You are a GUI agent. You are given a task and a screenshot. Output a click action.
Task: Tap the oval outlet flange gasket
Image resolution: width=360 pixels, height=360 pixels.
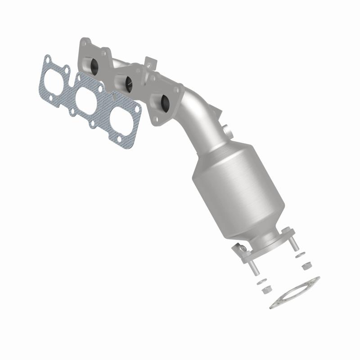click(295, 292)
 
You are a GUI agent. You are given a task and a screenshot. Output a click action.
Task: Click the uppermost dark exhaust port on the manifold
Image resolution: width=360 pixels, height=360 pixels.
click(96, 66)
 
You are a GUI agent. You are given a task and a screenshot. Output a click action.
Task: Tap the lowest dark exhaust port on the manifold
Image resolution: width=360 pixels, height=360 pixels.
click(164, 103)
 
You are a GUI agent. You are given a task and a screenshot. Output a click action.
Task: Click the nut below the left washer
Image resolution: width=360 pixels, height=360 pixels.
click(266, 289)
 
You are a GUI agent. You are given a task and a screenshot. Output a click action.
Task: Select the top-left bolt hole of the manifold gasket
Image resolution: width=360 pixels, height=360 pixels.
click(47, 58)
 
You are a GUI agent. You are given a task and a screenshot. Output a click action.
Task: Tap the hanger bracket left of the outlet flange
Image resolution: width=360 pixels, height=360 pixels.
click(241, 248)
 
